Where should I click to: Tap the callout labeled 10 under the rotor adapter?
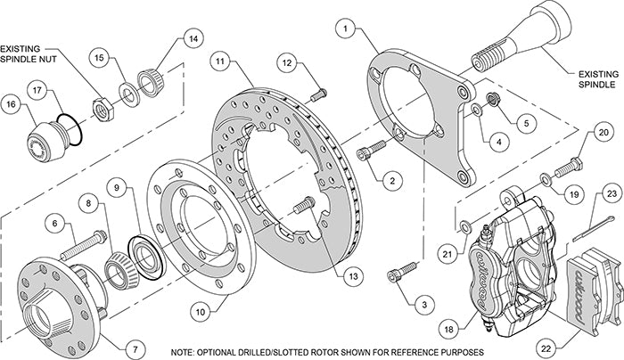pos(199,310)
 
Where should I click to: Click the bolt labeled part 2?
pos(366,155)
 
